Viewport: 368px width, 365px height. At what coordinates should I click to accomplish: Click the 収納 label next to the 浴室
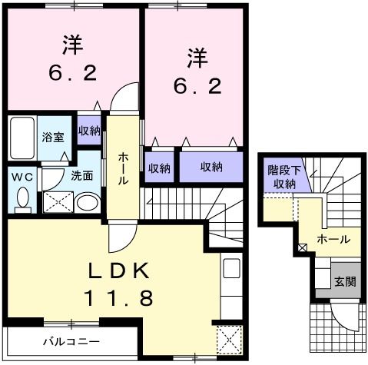88,131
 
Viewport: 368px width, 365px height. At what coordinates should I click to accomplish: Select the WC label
22,176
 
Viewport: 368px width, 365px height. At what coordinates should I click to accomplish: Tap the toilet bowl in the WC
22,200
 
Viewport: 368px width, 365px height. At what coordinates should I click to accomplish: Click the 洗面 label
81,175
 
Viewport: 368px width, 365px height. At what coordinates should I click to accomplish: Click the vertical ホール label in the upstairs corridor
123,168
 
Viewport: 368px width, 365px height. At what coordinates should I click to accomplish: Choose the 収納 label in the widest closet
213,168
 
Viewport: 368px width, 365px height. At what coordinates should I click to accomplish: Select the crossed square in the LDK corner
229,338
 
